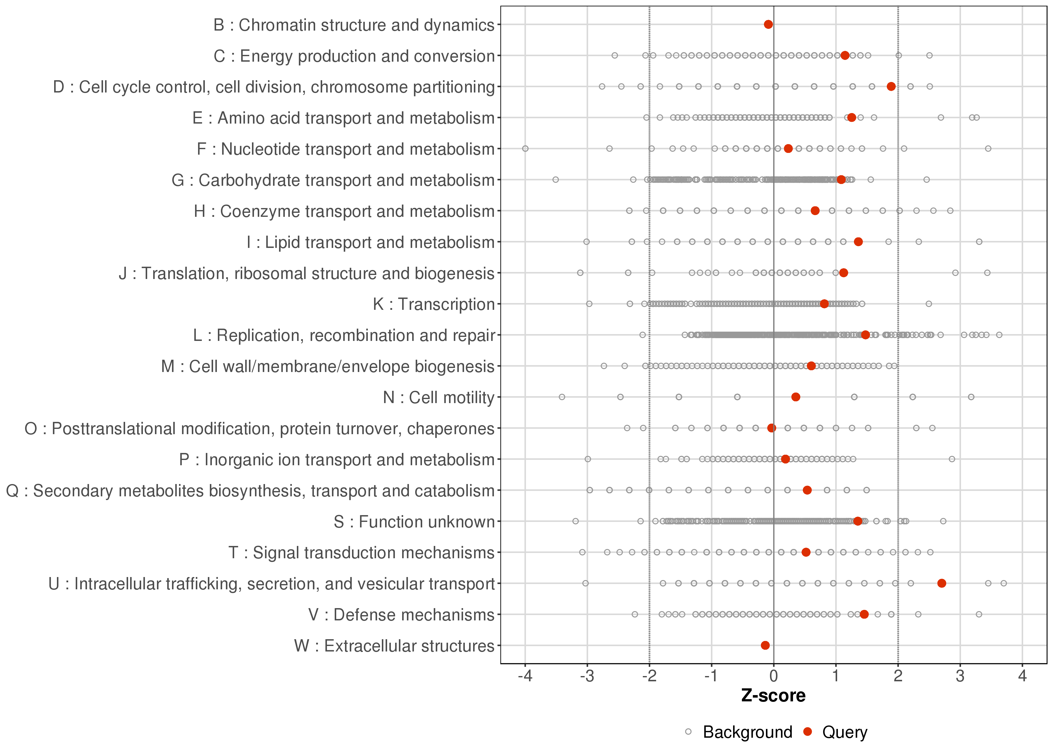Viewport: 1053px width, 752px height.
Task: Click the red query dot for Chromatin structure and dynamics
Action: (768, 25)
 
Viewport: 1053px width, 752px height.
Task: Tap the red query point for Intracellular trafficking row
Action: (941, 584)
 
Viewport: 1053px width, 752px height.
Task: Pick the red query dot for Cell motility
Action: (796, 397)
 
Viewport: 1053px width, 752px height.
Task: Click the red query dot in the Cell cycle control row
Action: (891, 86)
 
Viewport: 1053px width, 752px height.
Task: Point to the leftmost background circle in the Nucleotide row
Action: (525, 149)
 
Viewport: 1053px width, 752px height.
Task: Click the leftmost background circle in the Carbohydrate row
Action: (556, 180)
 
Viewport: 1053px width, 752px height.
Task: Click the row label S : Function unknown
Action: (414, 522)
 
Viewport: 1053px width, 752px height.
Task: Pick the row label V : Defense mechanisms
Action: (401, 615)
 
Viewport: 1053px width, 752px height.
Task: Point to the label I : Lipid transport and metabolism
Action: (371, 242)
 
